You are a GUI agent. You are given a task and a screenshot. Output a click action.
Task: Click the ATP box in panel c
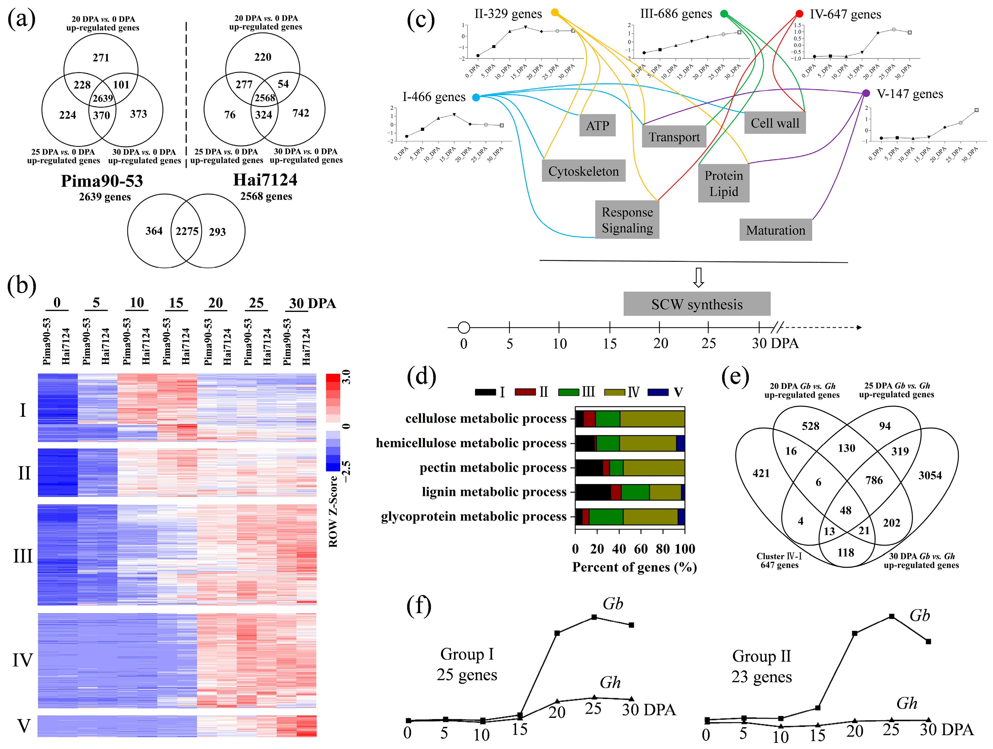597,126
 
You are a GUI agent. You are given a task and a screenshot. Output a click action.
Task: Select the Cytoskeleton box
583,171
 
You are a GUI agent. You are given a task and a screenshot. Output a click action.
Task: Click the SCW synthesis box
697,304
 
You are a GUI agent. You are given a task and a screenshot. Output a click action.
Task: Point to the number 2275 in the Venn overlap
187,231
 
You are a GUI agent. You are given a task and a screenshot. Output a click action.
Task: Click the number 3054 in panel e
930,475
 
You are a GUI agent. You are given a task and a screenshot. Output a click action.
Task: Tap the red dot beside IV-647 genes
799,14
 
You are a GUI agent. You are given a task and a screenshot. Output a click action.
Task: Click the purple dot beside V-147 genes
866,93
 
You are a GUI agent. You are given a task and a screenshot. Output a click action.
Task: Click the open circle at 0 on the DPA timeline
464,328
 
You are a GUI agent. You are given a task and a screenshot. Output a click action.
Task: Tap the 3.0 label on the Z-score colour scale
346,377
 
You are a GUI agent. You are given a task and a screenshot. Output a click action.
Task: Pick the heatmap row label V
23,726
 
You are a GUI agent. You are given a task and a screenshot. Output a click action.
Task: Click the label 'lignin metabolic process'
494,492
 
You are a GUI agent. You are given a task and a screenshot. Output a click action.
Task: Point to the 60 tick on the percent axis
641,549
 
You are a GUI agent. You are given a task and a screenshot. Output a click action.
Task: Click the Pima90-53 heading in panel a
102,181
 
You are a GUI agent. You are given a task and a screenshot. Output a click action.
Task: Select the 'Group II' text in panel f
761,656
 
